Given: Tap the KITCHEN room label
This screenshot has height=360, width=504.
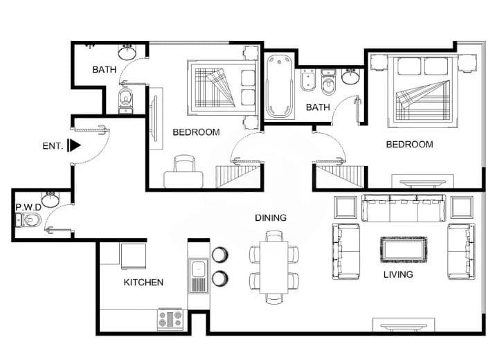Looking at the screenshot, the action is [143, 282].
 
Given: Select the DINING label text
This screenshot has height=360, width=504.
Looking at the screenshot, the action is [271, 217].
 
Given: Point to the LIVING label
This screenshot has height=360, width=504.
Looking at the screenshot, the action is [398, 274].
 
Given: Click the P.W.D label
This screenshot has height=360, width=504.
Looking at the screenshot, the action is [28, 207].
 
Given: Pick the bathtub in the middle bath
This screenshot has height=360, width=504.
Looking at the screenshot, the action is [279, 86].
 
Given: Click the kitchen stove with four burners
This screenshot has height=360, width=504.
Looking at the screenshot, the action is [170, 319].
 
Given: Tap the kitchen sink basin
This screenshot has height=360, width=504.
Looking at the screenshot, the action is [198, 268].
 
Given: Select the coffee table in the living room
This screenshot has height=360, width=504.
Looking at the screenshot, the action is [404, 249].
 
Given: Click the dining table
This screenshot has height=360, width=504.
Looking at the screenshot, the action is [273, 267].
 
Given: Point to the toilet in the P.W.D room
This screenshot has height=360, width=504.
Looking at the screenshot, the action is [28, 220].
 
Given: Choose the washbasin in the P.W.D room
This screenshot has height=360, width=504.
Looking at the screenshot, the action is [51, 199].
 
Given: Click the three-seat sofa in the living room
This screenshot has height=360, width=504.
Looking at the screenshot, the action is [404, 208].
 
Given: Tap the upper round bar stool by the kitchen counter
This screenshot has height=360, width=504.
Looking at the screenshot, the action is [220, 255].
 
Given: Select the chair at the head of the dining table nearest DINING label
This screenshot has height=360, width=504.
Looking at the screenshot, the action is [274, 235].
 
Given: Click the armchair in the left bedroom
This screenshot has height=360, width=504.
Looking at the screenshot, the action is [183, 172].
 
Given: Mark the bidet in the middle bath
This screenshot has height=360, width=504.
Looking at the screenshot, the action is [308, 81].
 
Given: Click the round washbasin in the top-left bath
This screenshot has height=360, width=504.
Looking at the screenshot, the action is [127, 52].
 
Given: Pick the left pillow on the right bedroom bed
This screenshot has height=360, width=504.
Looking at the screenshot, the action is [409, 66].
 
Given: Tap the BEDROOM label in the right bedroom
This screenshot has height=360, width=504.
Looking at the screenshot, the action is [410, 144].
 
